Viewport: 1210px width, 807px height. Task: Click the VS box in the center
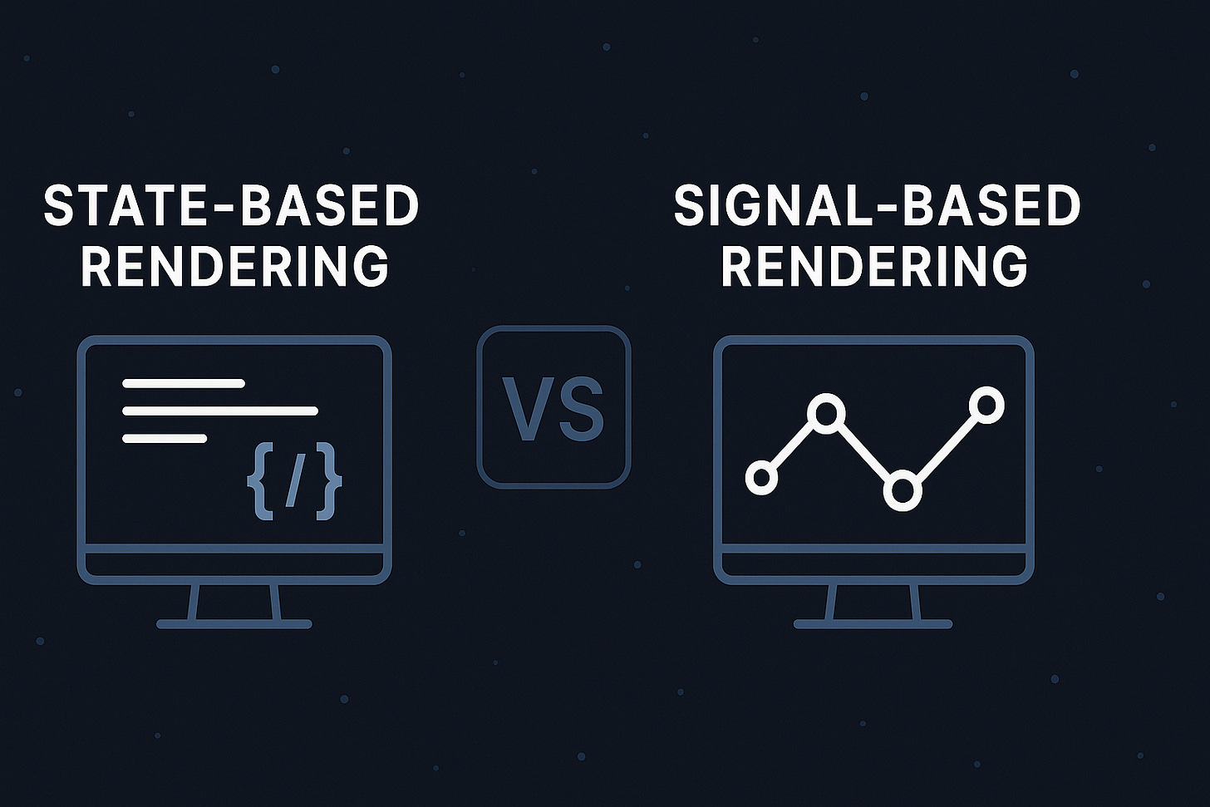(x=553, y=406)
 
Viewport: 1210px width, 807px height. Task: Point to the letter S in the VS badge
(x=581, y=410)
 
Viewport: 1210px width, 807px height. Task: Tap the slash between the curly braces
(x=293, y=482)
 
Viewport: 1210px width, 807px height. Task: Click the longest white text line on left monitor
(x=220, y=411)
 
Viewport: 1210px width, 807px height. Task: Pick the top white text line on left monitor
(x=184, y=383)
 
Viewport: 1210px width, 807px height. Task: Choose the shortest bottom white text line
(x=165, y=438)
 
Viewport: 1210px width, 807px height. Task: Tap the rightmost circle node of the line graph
(x=986, y=406)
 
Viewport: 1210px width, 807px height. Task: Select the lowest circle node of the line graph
(x=902, y=490)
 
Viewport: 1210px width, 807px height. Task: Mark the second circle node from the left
(x=827, y=412)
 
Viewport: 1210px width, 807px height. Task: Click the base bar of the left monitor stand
(x=234, y=623)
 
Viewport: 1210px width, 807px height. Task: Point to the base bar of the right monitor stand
(x=873, y=623)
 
